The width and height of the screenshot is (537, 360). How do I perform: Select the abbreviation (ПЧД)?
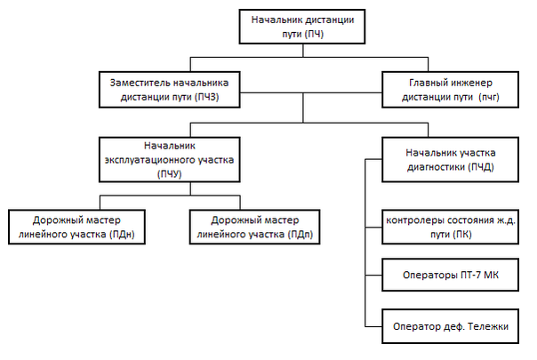(x=477, y=167)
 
